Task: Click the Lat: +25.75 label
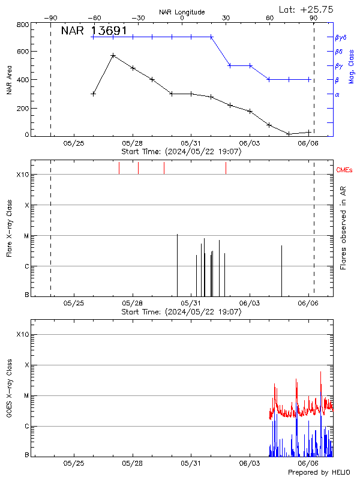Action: [307, 9]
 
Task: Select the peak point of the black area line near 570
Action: [113, 55]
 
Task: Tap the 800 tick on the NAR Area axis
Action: [23, 25]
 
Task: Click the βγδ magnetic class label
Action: [341, 37]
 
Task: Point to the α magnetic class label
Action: [337, 94]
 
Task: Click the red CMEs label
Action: [344, 170]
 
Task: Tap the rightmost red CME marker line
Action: [226, 168]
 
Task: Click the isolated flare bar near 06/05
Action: [281, 270]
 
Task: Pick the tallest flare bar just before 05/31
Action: [177, 264]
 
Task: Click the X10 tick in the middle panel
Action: [23, 175]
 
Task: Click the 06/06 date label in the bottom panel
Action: [308, 463]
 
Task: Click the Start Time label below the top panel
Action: [181, 152]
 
